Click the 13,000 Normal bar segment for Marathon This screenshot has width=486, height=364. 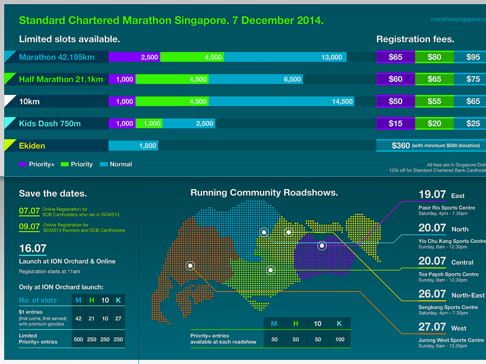pyautogui.click(x=285, y=57)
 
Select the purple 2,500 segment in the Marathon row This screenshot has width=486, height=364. pyautogui.click(x=134, y=57)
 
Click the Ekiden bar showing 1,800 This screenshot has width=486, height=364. pyautogui.click(x=133, y=146)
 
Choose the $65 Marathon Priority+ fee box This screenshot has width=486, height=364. pyautogui.click(x=395, y=57)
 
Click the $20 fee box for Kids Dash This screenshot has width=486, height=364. pyautogui.click(x=434, y=123)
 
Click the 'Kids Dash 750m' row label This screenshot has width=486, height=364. pyautogui.click(x=50, y=123)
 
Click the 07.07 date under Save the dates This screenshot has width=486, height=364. pyautogui.click(x=29, y=210)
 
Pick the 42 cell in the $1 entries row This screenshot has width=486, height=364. pyautogui.click(x=78, y=319)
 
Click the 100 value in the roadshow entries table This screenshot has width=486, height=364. pyautogui.click(x=340, y=339)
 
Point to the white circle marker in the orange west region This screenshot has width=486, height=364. pyautogui.click(x=190, y=266)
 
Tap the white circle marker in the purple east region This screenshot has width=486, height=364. pyautogui.click(x=321, y=246)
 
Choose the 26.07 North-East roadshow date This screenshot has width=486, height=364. pyautogui.click(x=432, y=294)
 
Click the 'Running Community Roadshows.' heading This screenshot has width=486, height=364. pyautogui.click(x=264, y=193)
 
